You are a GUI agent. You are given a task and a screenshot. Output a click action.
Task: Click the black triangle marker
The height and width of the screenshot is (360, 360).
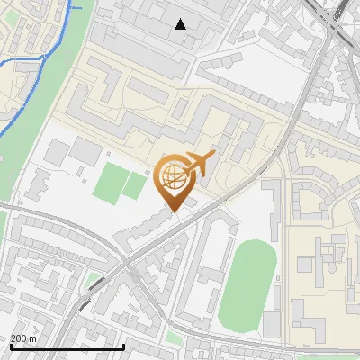coord(181,24)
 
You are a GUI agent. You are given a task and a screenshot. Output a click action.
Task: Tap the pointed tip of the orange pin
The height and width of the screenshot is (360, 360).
coord(174,211)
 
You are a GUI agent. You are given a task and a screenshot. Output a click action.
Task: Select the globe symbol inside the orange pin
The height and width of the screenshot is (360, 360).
coord(174,179)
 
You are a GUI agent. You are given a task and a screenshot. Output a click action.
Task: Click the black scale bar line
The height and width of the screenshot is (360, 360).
coord(67,346)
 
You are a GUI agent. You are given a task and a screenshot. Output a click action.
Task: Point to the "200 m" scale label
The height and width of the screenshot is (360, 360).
coord(23,338)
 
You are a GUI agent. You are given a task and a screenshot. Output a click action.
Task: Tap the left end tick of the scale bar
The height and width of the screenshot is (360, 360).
coord(11,346)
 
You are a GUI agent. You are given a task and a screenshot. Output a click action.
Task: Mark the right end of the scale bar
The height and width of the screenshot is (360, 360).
coord(123,346)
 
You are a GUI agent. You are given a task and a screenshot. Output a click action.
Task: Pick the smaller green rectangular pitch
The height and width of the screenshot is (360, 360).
coord(134,185)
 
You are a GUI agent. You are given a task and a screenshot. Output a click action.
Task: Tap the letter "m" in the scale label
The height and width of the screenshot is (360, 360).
coord(32,338)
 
